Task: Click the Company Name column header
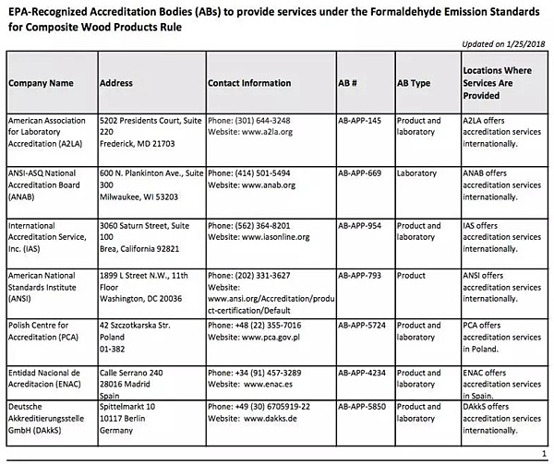[41, 83]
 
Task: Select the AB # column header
[348, 83]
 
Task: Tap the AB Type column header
[413, 83]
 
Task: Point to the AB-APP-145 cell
[362, 121]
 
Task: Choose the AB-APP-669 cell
[362, 173]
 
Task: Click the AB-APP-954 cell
[362, 224]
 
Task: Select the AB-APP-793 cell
[362, 276]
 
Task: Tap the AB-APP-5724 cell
[364, 326]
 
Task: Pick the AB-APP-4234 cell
[364, 372]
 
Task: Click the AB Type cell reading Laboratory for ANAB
[416, 173]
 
